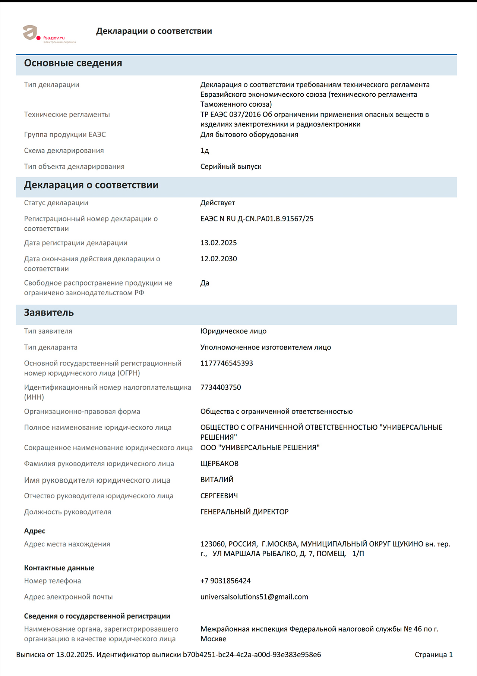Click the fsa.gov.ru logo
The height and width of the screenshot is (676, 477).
pyautogui.click(x=49, y=34)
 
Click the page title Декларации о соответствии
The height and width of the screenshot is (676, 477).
pyautogui.click(x=154, y=31)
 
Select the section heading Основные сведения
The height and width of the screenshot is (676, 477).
pyautogui.click(x=73, y=63)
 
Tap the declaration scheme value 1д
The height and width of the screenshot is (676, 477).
pyautogui.click(x=205, y=151)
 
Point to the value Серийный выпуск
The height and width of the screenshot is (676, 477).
pyautogui.click(x=231, y=167)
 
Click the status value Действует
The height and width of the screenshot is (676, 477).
pyautogui.click(x=218, y=203)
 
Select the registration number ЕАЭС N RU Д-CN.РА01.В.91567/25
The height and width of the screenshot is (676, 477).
pyautogui.click(x=257, y=219)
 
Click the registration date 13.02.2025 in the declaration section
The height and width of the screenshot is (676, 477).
pyautogui.click(x=218, y=243)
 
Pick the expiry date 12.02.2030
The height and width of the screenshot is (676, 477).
pyautogui.click(x=218, y=259)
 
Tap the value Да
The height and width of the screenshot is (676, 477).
pyautogui.click(x=205, y=283)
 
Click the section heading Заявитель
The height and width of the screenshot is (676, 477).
pyautogui.click(x=49, y=313)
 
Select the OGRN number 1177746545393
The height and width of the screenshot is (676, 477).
pyautogui.click(x=227, y=364)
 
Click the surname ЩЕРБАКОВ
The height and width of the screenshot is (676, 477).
pyautogui.click(x=219, y=464)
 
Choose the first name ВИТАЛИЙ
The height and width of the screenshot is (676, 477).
pyautogui.click(x=217, y=480)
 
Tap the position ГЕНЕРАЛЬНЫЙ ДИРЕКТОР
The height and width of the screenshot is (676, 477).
pyautogui.click(x=244, y=512)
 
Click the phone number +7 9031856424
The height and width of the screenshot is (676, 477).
pyautogui.click(x=225, y=581)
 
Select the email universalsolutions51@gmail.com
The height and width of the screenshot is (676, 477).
pyautogui.click(x=254, y=597)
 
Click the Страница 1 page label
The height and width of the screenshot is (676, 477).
pyautogui.click(x=433, y=655)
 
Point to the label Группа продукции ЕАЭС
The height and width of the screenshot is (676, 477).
pyautogui.click(x=65, y=135)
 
